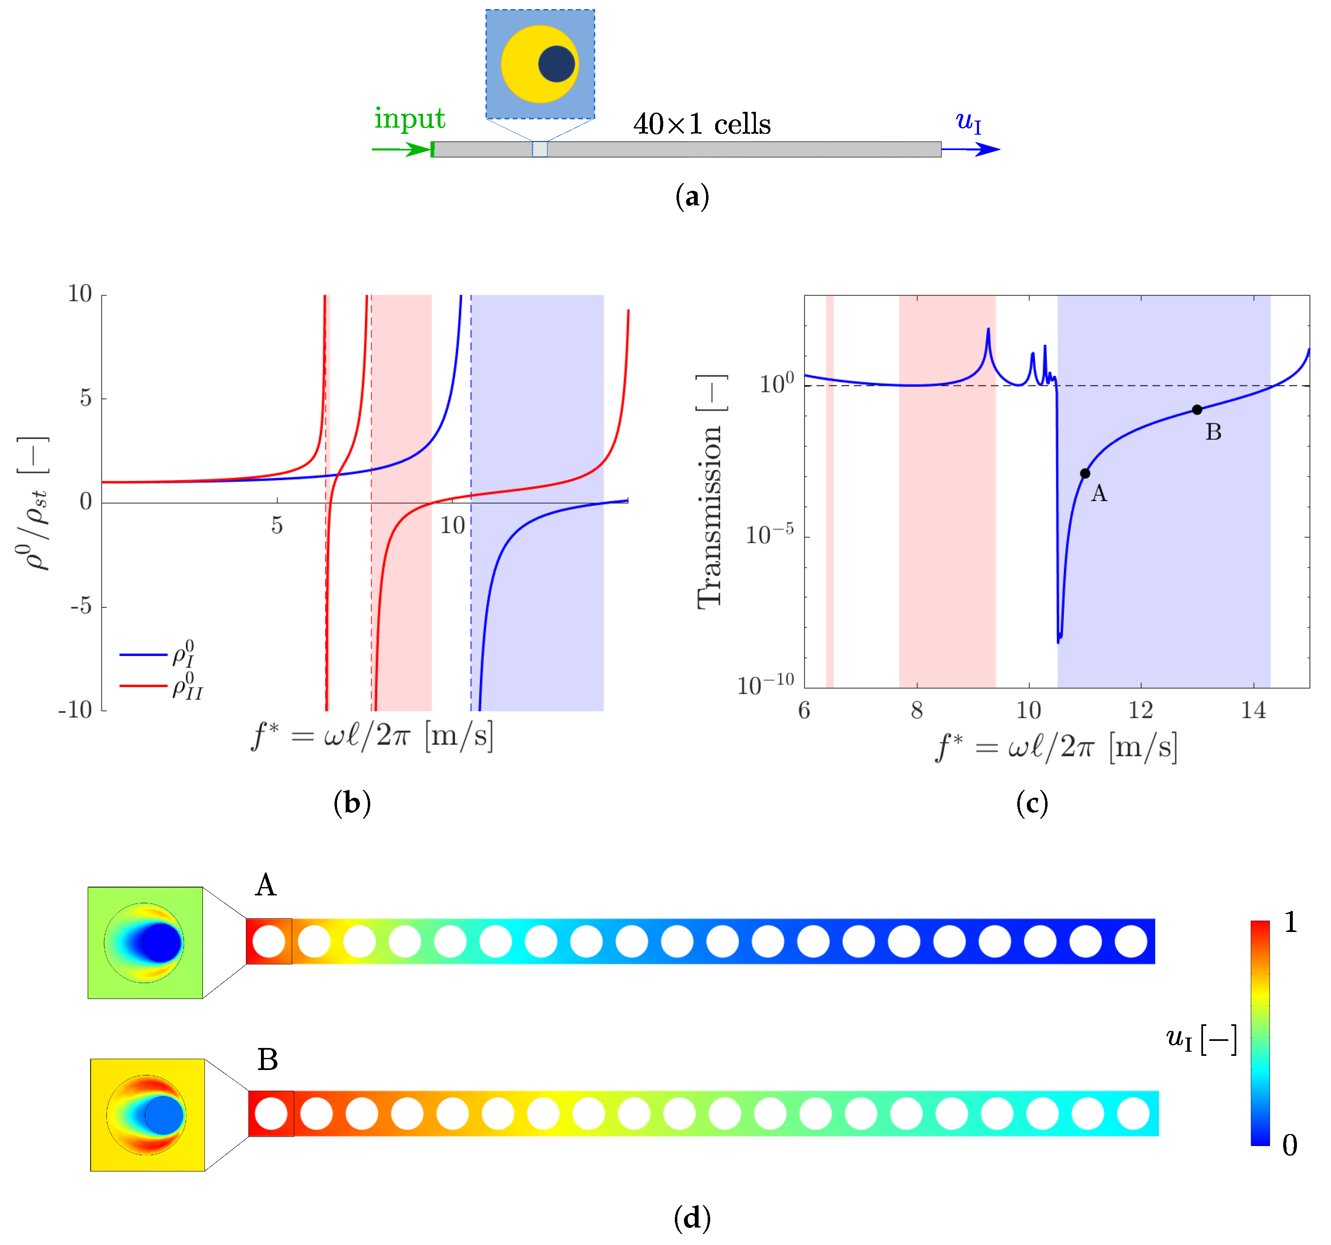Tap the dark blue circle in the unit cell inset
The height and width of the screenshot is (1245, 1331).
[556, 64]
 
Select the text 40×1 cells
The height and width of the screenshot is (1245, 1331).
[702, 124]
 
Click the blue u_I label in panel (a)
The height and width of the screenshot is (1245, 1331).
[968, 122]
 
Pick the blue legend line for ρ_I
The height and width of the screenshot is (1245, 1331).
[143, 654]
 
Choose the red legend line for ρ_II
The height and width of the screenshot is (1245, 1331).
[143, 686]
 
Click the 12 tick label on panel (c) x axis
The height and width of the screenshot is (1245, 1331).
[1141, 710]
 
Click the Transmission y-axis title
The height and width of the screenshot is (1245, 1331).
[710, 492]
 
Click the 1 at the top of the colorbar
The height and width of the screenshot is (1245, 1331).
[1290, 923]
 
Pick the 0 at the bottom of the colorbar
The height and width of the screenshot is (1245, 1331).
[1289, 1146]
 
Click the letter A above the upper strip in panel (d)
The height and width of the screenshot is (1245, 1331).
[266, 885]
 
